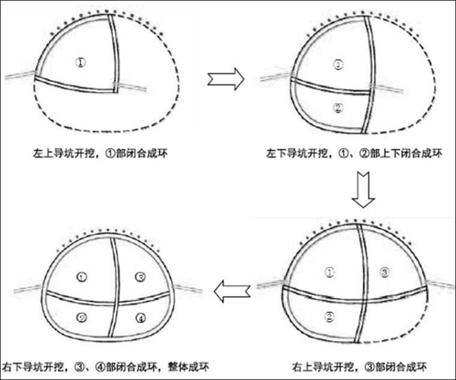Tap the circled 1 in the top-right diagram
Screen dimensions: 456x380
click(x=338, y=64)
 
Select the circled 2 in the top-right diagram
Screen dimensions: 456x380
click(x=338, y=109)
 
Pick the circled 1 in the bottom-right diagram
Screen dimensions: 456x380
click(x=329, y=273)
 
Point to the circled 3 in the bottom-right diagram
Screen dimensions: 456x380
click(x=385, y=273)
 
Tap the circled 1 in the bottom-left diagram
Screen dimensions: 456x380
click(x=83, y=277)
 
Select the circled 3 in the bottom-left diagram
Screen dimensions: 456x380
click(x=139, y=277)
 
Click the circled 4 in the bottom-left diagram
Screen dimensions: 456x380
click(x=139, y=318)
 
